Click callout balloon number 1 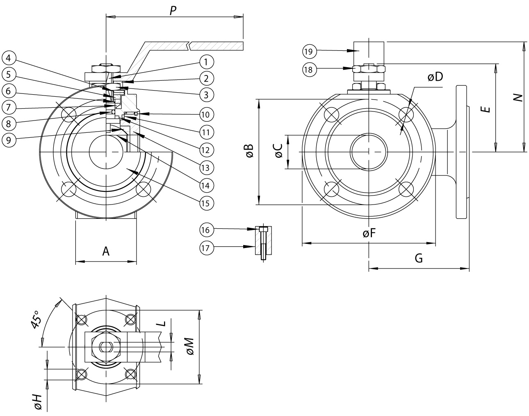point(206,62)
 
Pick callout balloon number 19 point(309,52)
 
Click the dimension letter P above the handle point(173,11)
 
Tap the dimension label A point(106,251)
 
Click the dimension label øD point(435,77)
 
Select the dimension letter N point(519,97)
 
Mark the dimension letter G point(419,258)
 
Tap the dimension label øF point(369,234)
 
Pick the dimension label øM point(190,347)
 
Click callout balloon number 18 point(309,70)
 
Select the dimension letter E point(486,109)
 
